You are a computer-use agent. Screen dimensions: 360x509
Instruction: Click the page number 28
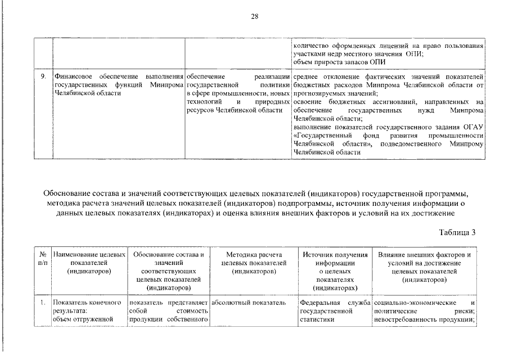pyautogui.click(x=254, y=16)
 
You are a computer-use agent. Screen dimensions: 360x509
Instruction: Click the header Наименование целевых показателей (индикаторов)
pyautogui.click(x=89, y=263)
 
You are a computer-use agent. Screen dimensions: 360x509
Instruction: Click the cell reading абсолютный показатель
pyautogui.click(x=249, y=303)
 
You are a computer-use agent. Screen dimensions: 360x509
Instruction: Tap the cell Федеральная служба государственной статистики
pyautogui.click(x=335, y=311)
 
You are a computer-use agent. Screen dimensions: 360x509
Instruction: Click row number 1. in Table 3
pyautogui.click(x=43, y=303)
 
